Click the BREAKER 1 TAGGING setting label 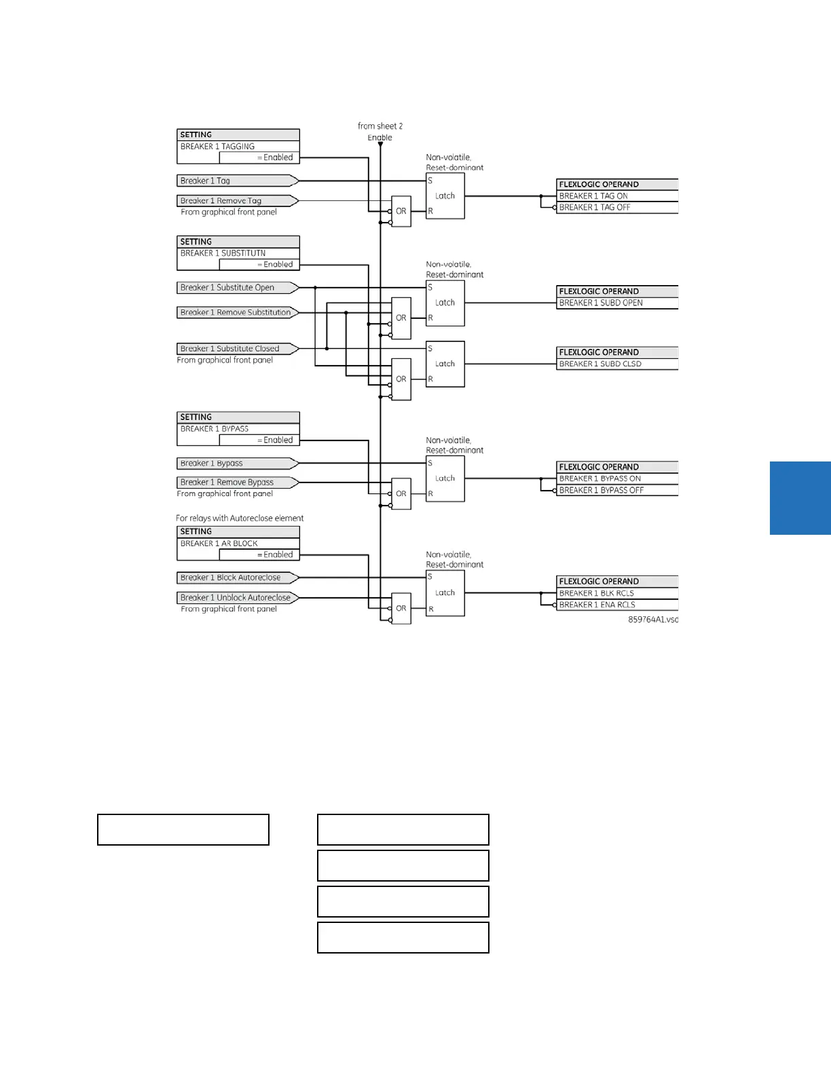point(218,147)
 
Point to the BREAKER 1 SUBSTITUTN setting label point(223,253)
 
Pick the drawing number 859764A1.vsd point(652,620)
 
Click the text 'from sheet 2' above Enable point(380,126)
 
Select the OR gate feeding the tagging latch point(401,212)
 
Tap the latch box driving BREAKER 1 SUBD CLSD point(445,364)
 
